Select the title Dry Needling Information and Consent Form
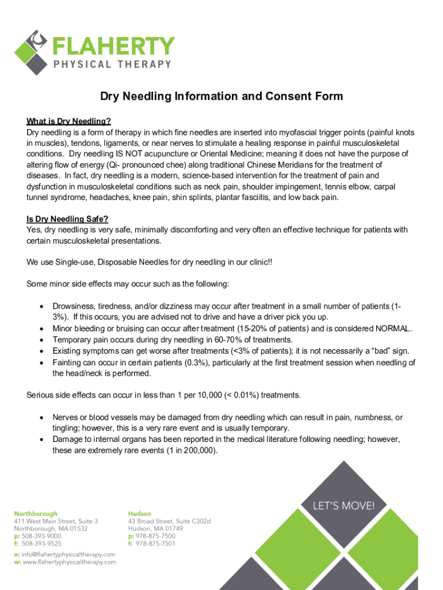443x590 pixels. [x=221, y=96]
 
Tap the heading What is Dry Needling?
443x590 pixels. [x=68, y=121]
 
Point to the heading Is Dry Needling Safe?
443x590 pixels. [x=67, y=219]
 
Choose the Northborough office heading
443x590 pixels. [x=36, y=513]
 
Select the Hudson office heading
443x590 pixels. [x=140, y=513]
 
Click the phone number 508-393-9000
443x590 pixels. [x=41, y=536]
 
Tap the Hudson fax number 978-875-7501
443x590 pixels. [x=155, y=543]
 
